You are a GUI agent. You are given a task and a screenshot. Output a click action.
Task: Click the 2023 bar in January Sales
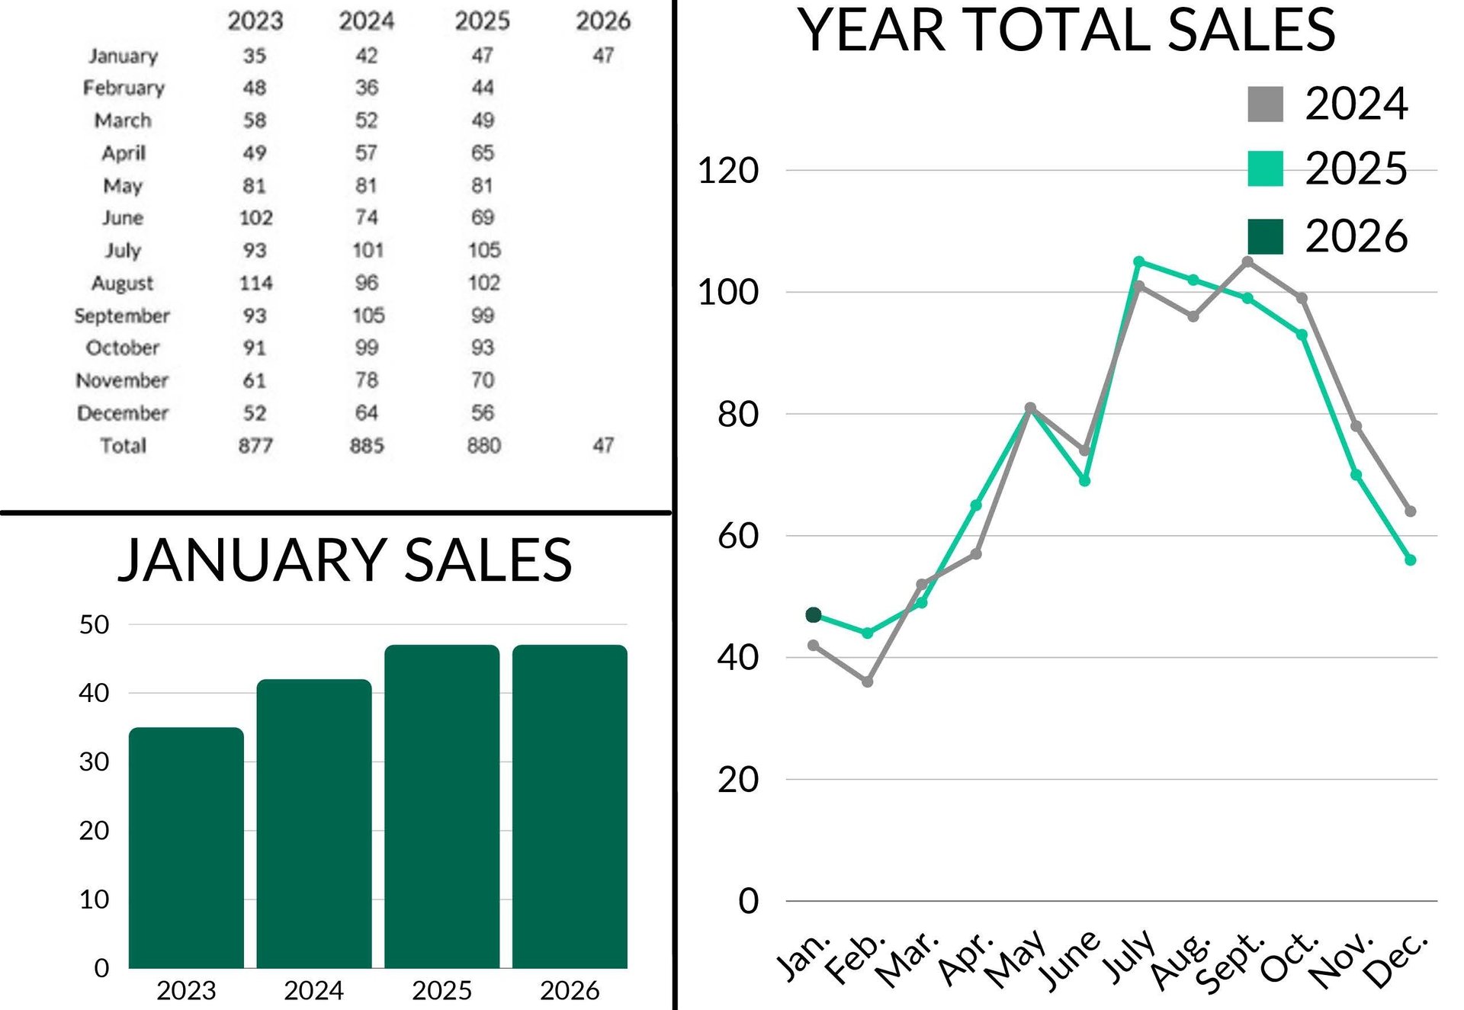[186, 846]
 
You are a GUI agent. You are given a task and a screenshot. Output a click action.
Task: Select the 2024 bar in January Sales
[314, 823]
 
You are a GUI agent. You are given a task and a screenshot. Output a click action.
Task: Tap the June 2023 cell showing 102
[255, 218]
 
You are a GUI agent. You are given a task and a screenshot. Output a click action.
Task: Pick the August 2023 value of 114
[255, 283]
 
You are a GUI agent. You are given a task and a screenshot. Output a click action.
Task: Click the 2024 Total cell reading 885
[367, 445]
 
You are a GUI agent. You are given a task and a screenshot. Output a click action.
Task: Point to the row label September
[122, 316]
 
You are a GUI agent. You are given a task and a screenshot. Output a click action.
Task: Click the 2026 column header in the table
[602, 21]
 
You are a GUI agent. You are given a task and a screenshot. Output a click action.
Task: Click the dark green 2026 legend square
[1265, 236]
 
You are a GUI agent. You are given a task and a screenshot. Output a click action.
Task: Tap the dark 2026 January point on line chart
[814, 614]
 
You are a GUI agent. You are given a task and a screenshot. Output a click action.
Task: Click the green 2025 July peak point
[1139, 262]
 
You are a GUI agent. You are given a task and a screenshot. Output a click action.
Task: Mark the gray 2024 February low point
[868, 681]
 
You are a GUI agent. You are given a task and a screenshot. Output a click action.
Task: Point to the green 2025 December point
[1411, 560]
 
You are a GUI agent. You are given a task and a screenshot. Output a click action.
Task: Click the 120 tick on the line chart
[728, 171]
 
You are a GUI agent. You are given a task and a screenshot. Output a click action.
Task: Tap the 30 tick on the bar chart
[94, 762]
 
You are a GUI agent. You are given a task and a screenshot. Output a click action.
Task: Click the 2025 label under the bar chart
[442, 990]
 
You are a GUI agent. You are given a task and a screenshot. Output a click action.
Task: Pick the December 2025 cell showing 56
[483, 413]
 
